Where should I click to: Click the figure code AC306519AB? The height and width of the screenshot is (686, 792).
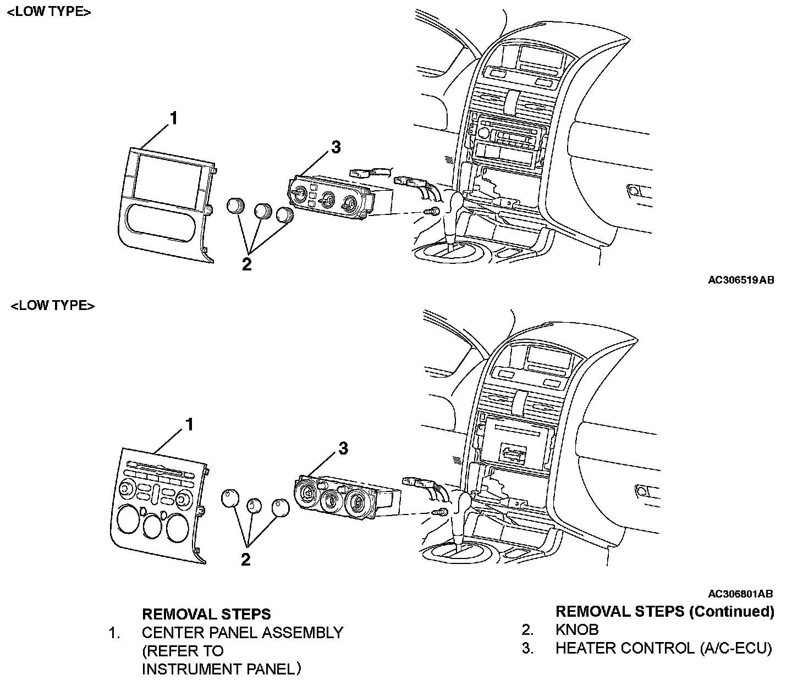(740, 280)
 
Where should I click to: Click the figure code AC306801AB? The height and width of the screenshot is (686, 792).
(740, 594)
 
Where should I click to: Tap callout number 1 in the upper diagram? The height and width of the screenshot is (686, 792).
(173, 118)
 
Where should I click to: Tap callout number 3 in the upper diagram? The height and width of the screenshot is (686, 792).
(335, 147)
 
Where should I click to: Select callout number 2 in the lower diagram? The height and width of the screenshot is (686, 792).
(246, 560)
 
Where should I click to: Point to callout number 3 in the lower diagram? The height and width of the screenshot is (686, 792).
(343, 449)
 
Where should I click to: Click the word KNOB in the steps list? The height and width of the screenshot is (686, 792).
(577, 629)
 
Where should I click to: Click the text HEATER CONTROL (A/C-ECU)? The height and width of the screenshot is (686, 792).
(663, 648)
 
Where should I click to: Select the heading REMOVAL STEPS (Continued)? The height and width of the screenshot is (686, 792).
(664, 611)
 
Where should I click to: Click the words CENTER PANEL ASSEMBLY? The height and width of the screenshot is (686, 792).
(243, 633)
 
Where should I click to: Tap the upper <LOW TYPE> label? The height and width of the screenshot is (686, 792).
(49, 12)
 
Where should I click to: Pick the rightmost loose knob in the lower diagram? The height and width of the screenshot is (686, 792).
(280, 506)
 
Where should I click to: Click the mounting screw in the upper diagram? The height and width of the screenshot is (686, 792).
(432, 212)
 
